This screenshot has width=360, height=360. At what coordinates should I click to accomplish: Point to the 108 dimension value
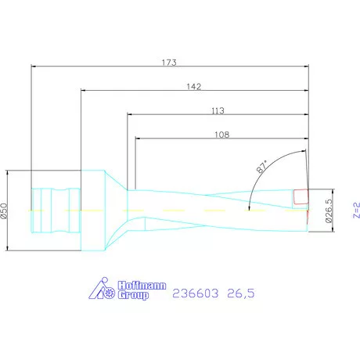tap(221, 135)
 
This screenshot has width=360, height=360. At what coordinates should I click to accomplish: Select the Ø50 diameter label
tap(7, 211)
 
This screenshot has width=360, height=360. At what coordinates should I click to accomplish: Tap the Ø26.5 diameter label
tap(331, 210)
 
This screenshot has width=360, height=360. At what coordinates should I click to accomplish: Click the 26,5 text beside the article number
tap(239, 293)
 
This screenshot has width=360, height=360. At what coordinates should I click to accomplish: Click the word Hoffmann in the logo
tap(135, 287)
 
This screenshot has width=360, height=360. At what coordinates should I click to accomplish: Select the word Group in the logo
tap(132, 297)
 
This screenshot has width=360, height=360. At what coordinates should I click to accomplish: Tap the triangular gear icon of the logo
tap(104, 291)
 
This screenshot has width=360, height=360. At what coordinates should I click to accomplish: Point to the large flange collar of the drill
tap(92, 210)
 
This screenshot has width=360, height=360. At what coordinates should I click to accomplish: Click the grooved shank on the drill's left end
tap(55, 210)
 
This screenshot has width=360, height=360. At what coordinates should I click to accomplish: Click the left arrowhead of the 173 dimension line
tap(33, 67)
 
